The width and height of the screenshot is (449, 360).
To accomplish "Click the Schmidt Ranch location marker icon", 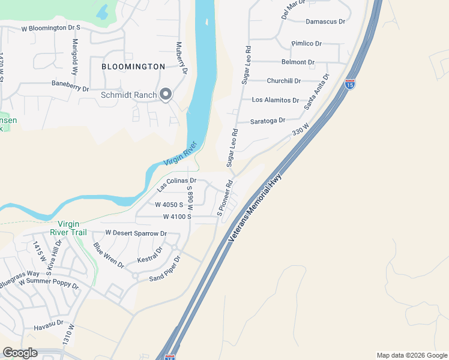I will [x=166, y=94].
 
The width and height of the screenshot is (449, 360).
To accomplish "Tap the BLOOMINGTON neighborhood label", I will [x=133, y=66].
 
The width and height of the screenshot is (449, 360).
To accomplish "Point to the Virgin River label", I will [x=181, y=154].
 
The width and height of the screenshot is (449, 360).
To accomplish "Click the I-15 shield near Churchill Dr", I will [x=349, y=84].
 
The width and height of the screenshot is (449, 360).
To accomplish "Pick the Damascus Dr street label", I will [x=325, y=22].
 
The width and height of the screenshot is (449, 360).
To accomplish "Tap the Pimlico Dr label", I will [x=306, y=44].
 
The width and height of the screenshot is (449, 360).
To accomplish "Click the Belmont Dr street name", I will [x=298, y=62].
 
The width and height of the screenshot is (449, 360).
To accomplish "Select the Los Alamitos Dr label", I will [x=275, y=100].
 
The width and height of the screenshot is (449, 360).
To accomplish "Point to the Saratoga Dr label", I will [x=268, y=121].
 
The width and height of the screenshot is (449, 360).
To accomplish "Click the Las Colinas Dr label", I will [x=176, y=184].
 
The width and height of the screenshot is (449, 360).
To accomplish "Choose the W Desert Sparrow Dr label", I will [x=136, y=233].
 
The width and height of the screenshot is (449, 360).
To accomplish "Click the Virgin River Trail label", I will [x=68, y=228].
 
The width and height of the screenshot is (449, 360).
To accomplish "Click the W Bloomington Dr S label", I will [x=50, y=28].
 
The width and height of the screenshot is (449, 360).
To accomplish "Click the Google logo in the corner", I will [x=20, y=353].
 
